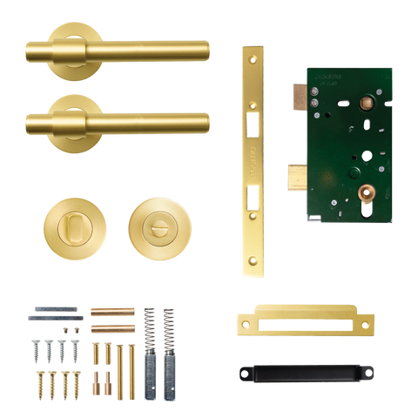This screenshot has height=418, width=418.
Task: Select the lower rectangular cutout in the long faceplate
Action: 253,202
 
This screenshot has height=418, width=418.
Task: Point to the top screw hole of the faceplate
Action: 253,54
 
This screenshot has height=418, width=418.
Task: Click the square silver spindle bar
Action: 56,310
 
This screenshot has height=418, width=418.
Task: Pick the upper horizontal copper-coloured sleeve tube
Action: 113,310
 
